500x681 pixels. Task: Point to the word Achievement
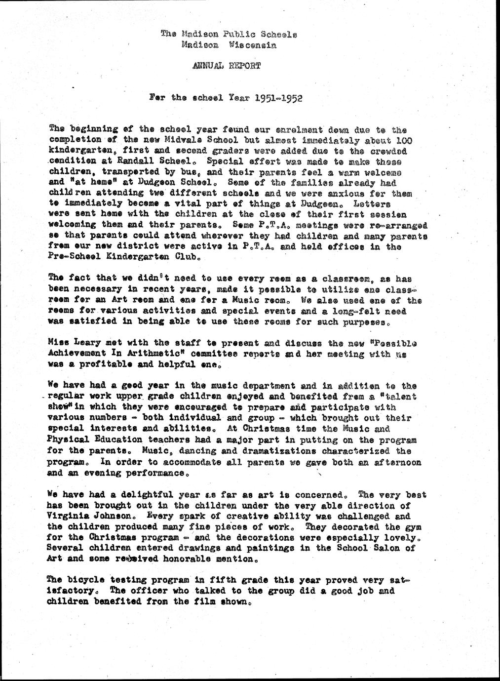[x=77, y=354]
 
